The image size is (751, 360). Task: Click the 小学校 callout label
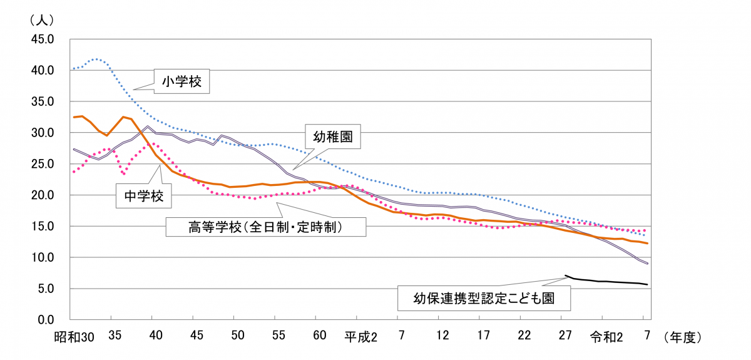(181, 81)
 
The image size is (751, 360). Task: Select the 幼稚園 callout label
(334, 138)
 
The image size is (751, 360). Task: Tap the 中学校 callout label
(144, 196)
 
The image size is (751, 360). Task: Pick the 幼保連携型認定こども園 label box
(484, 298)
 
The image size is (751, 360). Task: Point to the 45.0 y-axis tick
(43, 39)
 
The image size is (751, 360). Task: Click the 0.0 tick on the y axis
(46, 319)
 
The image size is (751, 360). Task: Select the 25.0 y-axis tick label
(43, 164)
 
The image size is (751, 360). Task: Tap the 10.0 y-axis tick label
(43, 257)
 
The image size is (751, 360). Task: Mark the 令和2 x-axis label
(606, 337)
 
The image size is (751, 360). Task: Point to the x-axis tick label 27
(565, 337)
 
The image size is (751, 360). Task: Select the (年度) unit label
(685, 337)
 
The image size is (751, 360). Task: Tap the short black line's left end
(566, 275)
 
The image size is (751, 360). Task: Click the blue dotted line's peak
(95, 59)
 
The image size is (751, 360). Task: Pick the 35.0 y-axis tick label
(43, 101)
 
